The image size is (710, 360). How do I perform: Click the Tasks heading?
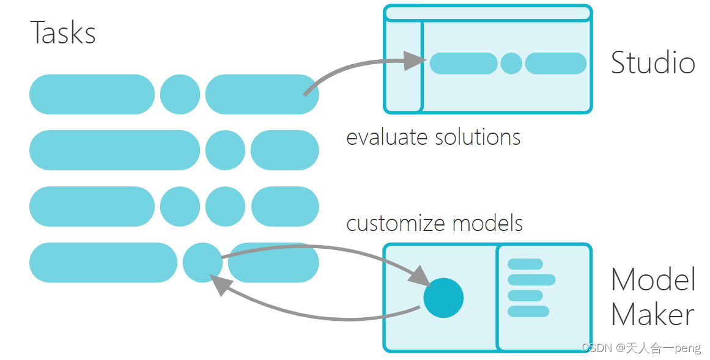pyautogui.click(x=63, y=33)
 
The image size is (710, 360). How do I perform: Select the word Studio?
pyautogui.click(x=653, y=63)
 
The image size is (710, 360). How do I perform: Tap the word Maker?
pyautogui.click(x=652, y=315)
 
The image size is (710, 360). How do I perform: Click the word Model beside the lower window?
pyautogui.click(x=653, y=280)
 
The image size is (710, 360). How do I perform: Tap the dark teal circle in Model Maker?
pyautogui.click(x=443, y=298)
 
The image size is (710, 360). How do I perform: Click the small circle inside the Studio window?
pyautogui.click(x=511, y=64)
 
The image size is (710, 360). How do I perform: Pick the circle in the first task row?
pyautogui.click(x=180, y=94)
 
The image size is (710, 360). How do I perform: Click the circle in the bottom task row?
pyautogui.click(x=202, y=262)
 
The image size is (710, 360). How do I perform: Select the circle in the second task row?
pyautogui.click(x=224, y=150)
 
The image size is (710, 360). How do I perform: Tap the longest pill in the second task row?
pyautogui.click(x=114, y=150)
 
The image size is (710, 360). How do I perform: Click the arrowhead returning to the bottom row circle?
pyautogui.click(x=217, y=284)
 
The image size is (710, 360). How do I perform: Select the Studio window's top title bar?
pyautogui.click(x=487, y=13)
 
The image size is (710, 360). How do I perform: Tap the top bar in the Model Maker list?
pyautogui.click(x=525, y=264)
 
